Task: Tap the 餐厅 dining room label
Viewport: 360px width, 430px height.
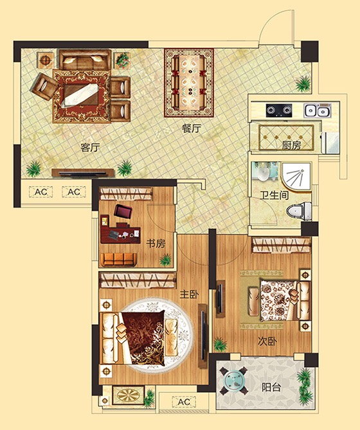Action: click(x=192, y=128)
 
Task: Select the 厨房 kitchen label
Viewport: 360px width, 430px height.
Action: click(x=291, y=145)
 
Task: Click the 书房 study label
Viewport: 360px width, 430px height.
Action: click(x=156, y=244)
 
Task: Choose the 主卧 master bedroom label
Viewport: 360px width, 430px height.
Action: click(x=189, y=294)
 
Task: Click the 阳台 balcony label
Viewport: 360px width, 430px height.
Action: click(x=271, y=388)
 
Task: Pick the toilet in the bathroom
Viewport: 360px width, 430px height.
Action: click(x=300, y=210)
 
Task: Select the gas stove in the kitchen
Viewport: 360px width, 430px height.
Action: click(x=280, y=110)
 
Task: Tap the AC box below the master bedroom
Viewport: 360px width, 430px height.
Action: click(x=183, y=402)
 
